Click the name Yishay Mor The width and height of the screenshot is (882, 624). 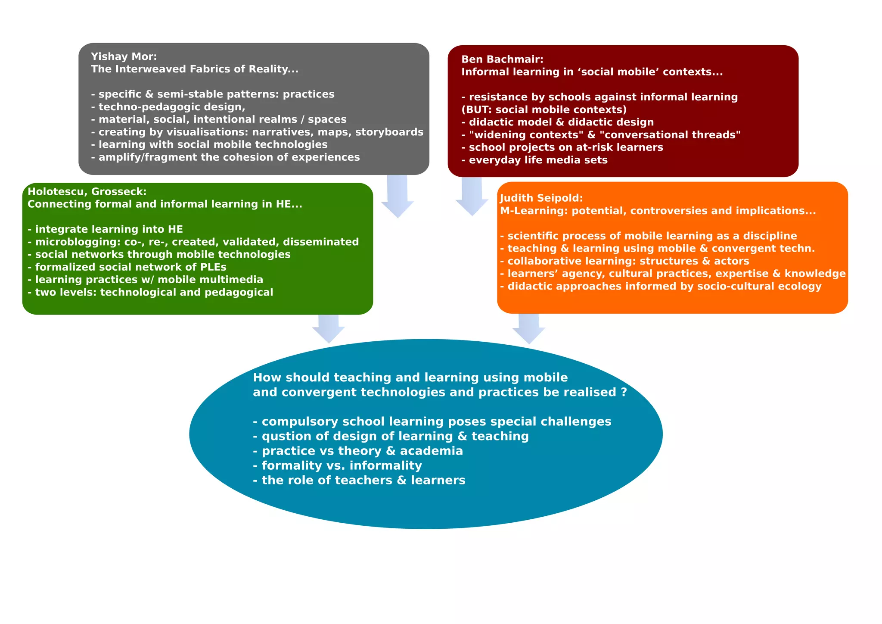[x=124, y=56]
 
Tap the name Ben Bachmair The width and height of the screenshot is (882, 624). [x=502, y=59]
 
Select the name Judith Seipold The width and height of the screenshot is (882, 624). [x=541, y=198]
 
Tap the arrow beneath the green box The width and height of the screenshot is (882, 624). [x=329, y=329]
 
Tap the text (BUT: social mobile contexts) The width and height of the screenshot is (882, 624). [x=544, y=109]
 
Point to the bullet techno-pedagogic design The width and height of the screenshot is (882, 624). [x=171, y=106]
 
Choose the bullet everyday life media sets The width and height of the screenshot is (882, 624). [x=537, y=160]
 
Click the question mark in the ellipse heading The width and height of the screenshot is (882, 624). [x=624, y=392]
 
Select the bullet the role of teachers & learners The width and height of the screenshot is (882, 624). [x=363, y=480]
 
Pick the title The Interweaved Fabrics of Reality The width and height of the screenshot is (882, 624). [x=194, y=69]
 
